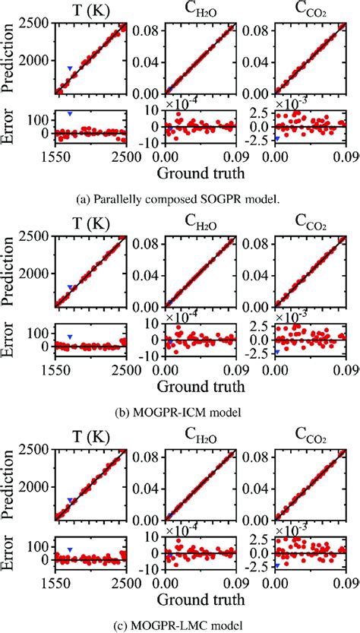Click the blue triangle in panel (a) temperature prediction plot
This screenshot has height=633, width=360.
tap(70, 68)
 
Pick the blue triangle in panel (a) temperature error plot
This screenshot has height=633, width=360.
tap(70, 113)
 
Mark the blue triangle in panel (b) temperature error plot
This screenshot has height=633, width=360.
tap(70, 337)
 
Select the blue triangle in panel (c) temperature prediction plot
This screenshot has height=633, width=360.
tap(70, 501)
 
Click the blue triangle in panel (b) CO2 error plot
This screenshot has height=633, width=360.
tap(277, 352)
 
